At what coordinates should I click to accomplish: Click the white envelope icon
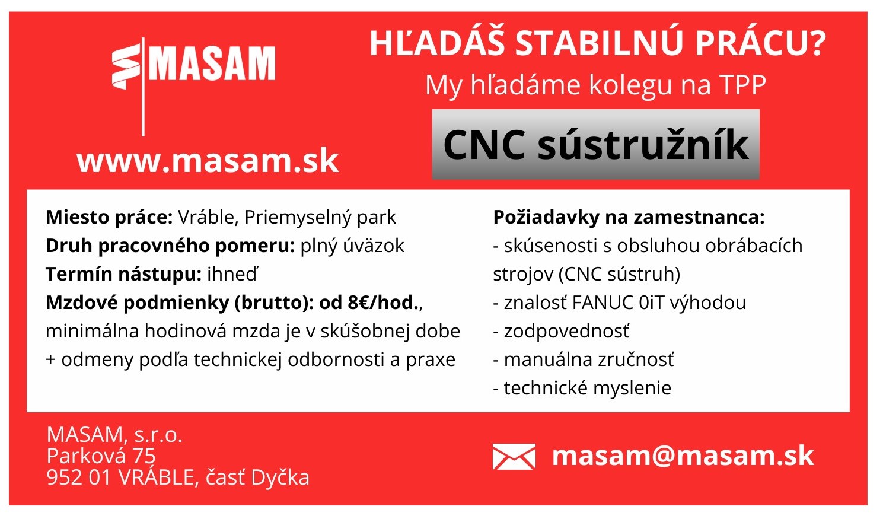(514, 457)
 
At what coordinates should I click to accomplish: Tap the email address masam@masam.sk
(683, 456)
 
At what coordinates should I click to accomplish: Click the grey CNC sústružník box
(595, 144)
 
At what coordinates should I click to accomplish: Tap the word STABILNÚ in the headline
(599, 44)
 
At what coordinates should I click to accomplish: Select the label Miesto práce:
(109, 217)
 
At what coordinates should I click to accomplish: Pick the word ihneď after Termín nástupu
(232, 274)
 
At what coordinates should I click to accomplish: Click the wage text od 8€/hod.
(369, 303)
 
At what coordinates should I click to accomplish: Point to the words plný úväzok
(352, 246)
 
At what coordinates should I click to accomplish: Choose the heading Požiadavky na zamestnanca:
(629, 217)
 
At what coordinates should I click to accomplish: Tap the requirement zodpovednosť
(567, 332)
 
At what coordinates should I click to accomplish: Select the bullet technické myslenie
(587, 388)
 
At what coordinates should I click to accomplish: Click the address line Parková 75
(101, 456)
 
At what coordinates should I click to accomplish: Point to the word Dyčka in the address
(280, 477)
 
